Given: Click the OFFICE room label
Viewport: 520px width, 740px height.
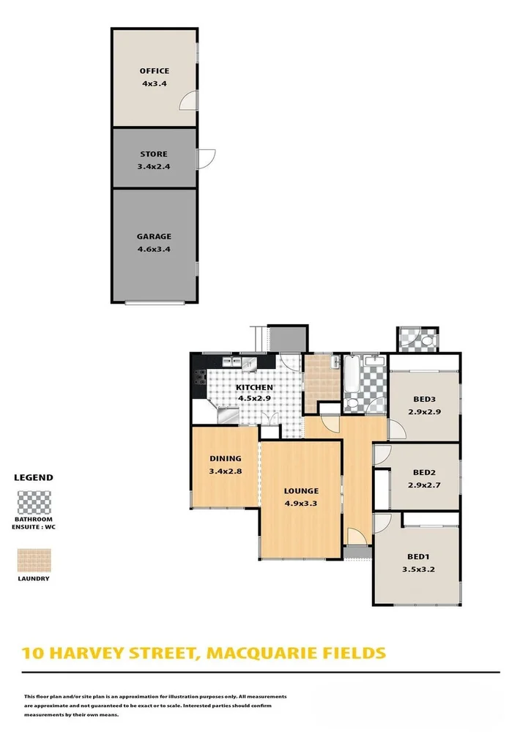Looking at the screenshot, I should (x=155, y=71).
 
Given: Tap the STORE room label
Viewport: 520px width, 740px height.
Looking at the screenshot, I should (x=154, y=154).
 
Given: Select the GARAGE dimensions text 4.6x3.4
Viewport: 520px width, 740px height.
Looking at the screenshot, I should (x=154, y=249).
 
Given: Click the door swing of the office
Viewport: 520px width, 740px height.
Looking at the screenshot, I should (x=189, y=102).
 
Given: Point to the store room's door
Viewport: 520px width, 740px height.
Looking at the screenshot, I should (x=207, y=157).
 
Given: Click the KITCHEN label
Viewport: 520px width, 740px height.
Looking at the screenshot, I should (x=254, y=387).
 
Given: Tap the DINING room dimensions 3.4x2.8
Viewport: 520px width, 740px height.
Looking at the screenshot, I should (x=225, y=471).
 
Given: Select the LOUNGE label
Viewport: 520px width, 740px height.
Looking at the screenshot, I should (x=301, y=490).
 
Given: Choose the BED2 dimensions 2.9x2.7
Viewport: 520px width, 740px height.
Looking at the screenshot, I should (x=425, y=485).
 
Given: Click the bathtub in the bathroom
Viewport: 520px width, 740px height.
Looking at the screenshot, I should (x=352, y=375).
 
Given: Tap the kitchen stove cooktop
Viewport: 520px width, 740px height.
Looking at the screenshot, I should (x=199, y=378).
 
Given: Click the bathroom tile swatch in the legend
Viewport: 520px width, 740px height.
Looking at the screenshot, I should (x=34, y=503).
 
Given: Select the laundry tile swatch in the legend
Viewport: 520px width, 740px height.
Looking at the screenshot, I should (x=34, y=561).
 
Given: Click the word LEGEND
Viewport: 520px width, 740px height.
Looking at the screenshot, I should (x=34, y=477).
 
